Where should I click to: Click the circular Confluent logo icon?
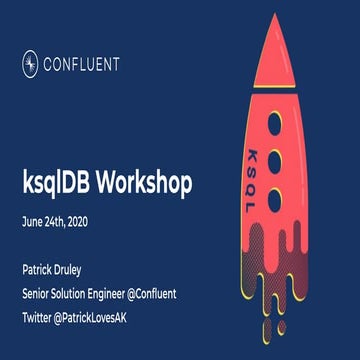(30, 64)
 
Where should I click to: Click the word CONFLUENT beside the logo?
(82, 64)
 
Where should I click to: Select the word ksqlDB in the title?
(57, 184)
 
